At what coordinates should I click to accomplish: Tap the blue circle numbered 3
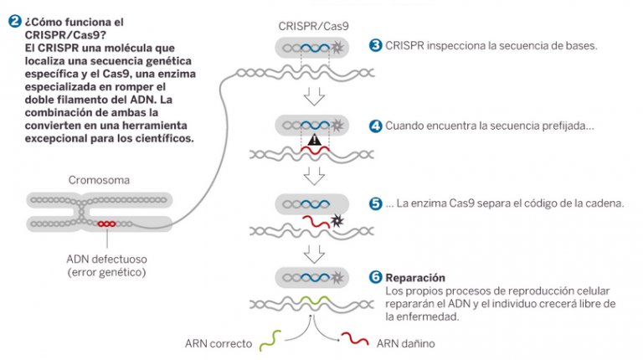(375, 45)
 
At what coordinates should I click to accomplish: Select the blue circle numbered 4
(375, 126)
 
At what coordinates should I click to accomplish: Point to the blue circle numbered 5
(375, 203)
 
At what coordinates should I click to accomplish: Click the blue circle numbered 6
(375, 277)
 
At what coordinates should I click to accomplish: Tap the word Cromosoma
(99, 180)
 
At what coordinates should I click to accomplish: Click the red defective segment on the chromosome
(106, 224)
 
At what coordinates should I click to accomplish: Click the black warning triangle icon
(314, 141)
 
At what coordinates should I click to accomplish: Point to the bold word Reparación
(415, 277)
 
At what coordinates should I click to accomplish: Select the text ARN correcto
(219, 342)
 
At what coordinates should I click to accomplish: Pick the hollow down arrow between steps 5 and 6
(314, 252)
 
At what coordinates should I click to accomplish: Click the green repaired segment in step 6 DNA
(314, 301)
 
